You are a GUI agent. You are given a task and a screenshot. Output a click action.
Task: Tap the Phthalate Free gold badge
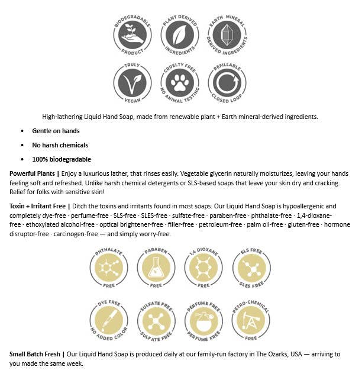[108, 268]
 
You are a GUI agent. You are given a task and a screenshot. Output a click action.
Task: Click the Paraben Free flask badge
[156, 268]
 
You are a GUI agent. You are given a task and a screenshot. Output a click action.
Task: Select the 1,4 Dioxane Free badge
[203, 268]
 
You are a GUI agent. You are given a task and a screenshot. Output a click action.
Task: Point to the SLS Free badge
[251, 268]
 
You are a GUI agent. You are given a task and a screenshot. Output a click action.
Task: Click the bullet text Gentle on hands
[56, 131]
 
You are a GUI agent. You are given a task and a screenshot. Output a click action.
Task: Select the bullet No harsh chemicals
[60, 145]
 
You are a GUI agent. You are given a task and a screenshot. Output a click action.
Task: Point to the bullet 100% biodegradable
[62, 159]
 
